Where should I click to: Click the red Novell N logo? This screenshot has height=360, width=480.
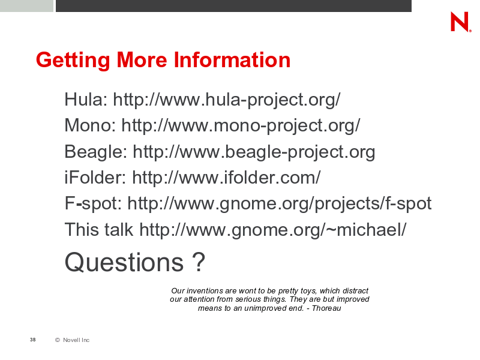coord(460,22)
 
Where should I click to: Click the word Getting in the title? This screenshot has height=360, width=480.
coord(73,61)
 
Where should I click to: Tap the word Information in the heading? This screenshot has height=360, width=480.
coord(232,59)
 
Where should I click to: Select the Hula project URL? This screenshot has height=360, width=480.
coord(227,100)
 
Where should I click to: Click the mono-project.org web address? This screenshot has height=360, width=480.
coord(241,126)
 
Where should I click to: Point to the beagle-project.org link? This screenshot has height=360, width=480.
coord(254,152)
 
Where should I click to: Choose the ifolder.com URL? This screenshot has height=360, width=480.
coord(226,178)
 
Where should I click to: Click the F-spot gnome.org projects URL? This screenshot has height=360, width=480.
coord(279,203)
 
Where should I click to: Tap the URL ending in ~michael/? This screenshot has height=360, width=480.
coord(273,230)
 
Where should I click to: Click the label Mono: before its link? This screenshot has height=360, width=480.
coord(90,125)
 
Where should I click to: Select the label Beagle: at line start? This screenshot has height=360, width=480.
coord(96,152)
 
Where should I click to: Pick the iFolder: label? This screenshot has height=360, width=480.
coord(95,178)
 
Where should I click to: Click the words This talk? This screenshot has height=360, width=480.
coord(99,230)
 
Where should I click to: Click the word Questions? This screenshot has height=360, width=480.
coord(124,262)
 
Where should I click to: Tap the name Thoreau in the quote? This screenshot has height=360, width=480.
coord(326,308)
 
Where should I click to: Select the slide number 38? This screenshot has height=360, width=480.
coord(33,340)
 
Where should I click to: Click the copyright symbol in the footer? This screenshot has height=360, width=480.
coord(58,340)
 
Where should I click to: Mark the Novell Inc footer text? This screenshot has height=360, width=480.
coord(76,340)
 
